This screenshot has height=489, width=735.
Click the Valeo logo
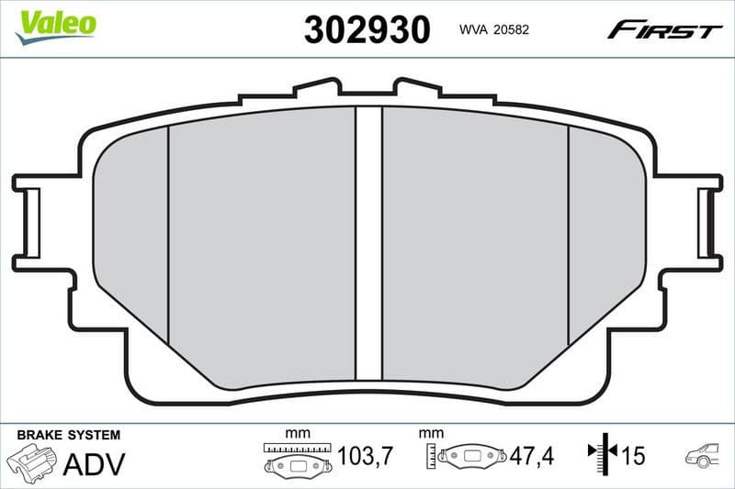click(x=56, y=23)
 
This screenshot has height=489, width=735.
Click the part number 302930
click(x=367, y=30)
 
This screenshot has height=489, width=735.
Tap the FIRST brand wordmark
click(x=664, y=30)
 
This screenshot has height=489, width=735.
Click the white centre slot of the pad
click(x=368, y=243)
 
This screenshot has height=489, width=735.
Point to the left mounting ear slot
click(x=28, y=223)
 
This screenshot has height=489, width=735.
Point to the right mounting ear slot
click(x=707, y=223)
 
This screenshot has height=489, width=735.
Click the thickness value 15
click(x=632, y=454)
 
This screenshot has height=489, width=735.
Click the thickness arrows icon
click(x=602, y=454)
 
